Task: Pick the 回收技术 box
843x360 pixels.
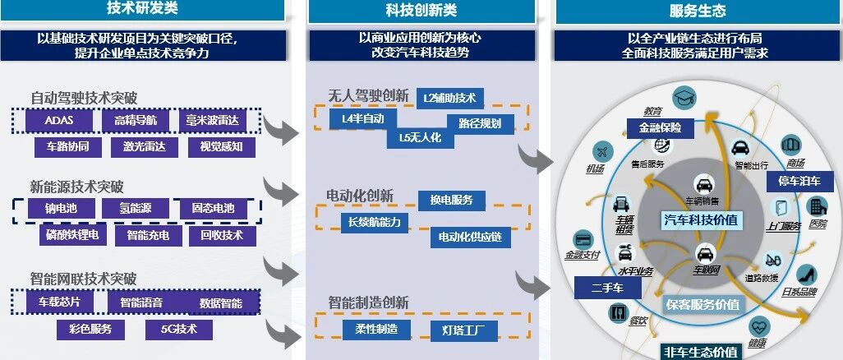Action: (x=216, y=235)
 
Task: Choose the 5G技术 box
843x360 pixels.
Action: (x=178, y=329)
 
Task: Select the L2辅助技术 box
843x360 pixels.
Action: (x=449, y=98)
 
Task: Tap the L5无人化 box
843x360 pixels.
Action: (x=420, y=137)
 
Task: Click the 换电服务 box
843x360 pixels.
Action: (x=451, y=200)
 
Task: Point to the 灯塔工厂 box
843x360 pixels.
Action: (x=463, y=330)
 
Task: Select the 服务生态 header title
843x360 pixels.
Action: (x=697, y=11)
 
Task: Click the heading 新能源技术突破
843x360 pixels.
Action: (x=82, y=187)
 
